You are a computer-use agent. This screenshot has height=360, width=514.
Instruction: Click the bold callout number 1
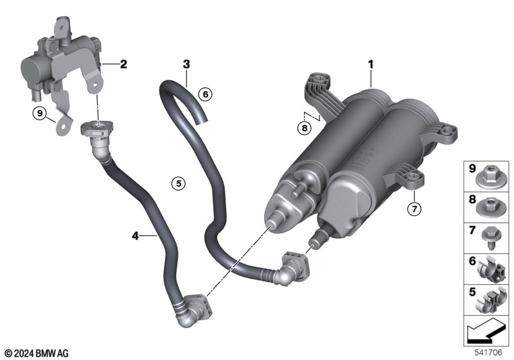[x=371, y=64]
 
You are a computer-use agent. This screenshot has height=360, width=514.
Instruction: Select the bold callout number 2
[x=123, y=64]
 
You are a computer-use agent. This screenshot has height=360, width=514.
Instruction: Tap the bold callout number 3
[x=186, y=64]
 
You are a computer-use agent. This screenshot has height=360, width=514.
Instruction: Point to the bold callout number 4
[x=136, y=235]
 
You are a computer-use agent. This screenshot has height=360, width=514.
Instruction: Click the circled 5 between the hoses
[x=179, y=183]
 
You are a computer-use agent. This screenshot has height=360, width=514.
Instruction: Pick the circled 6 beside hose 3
[x=206, y=94]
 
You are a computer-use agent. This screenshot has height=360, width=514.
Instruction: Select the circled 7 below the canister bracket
[x=414, y=208]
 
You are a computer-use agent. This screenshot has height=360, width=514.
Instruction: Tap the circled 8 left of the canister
[x=305, y=127]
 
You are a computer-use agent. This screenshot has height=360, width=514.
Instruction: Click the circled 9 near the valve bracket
[x=40, y=113]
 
